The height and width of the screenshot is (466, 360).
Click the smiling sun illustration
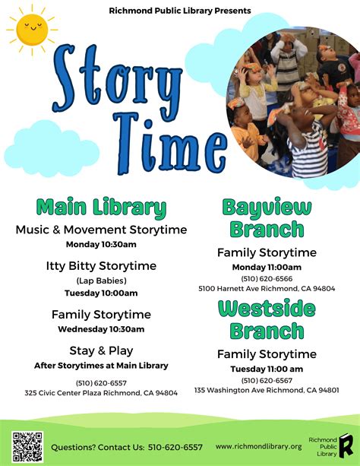(32, 30)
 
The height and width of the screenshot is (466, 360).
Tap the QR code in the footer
(27, 447)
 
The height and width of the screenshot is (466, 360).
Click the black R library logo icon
(346, 445)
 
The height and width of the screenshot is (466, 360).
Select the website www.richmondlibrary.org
(258, 446)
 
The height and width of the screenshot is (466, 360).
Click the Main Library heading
(101, 208)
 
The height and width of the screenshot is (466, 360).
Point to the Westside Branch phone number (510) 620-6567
(267, 380)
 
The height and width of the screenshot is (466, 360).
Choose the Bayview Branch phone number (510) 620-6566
(267, 279)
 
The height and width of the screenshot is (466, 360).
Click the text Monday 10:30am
(101, 244)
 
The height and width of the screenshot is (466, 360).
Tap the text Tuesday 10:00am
(101, 293)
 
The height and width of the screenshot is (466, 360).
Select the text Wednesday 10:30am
(101, 329)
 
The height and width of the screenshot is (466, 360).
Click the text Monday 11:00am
(267, 267)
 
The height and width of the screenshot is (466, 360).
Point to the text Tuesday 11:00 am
(267, 369)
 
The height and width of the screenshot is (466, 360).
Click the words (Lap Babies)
(101, 281)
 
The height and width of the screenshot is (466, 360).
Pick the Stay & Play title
(101, 350)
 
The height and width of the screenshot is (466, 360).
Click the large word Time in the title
(170, 144)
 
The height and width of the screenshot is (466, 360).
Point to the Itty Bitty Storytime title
(101, 266)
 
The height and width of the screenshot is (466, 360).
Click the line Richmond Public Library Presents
(180, 11)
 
